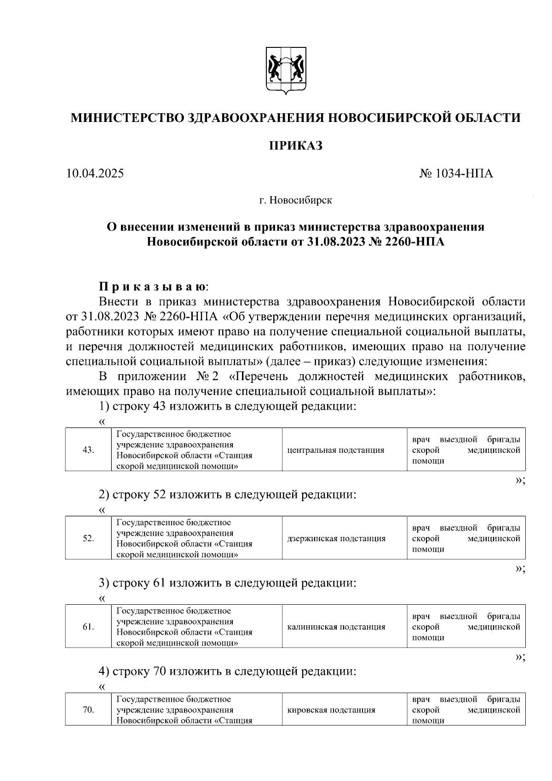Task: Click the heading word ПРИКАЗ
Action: (x=295, y=146)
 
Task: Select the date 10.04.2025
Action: (x=95, y=174)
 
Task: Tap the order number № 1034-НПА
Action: (x=456, y=174)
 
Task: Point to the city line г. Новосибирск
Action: (x=295, y=201)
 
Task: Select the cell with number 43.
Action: (x=88, y=450)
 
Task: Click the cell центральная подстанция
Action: (x=335, y=450)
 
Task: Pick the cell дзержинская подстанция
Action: (x=336, y=538)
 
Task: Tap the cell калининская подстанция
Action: (x=336, y=627)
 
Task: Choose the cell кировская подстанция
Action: (x=331, y=710)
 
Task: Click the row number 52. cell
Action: (x=88, y=538)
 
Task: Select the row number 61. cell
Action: (x=88, y=627)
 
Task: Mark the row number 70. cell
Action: (x=88, y=710)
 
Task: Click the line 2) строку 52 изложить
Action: (x=228, y=495)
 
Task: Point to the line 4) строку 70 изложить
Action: (x=228, y=671)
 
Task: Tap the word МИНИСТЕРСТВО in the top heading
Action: (x=127, y=118)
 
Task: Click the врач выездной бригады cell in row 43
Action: (x=466, y=450)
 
